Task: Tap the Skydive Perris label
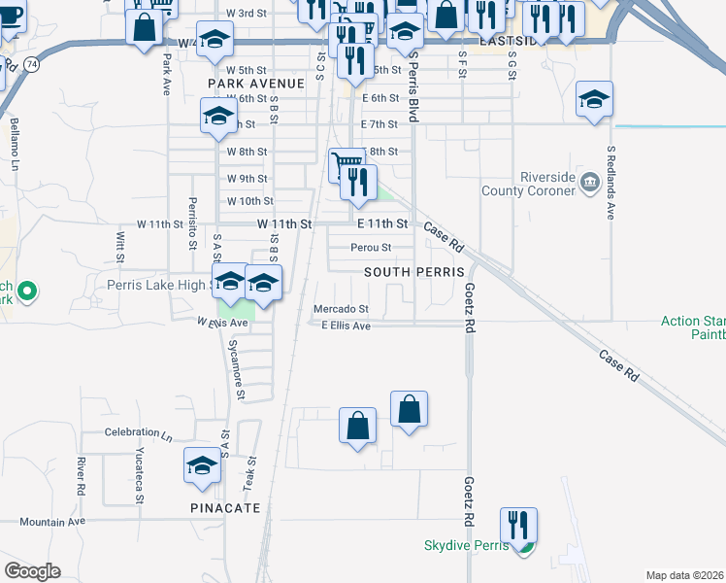466,545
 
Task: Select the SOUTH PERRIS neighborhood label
414,272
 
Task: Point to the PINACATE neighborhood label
225,508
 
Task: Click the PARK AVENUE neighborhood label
256,84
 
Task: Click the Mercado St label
341,309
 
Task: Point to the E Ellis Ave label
346,326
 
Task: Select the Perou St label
371,248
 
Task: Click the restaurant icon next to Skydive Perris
518,525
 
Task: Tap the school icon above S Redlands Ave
594,99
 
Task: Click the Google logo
32,571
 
